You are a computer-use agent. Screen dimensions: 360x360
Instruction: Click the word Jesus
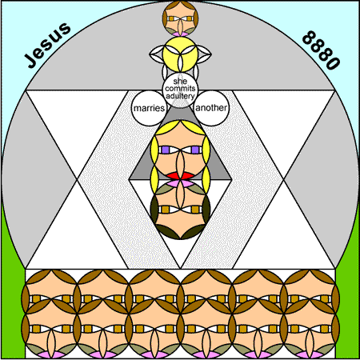pyautogui.click(x=48, y=46)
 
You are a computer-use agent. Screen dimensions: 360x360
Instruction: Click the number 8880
pyautogui.click(x=322, y=50)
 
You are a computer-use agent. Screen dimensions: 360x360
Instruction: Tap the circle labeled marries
pyautogui.click(x=149, y=108)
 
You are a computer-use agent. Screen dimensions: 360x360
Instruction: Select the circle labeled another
pyautogui.click(x=211, y=108)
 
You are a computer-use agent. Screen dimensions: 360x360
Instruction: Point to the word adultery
pyautogui.click(x=180, y=96)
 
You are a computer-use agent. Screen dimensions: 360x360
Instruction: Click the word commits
pyautogui.click(x=180, y=88)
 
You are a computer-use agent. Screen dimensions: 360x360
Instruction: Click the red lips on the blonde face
pyautogui.click(x=181, y=175)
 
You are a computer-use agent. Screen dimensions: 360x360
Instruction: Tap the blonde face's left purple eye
pyautogui.click(x=166, y=150)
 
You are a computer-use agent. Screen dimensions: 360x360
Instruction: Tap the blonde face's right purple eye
pyautogui.click(x=195, y=150)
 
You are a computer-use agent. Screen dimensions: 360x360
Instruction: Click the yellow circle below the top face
pyautogui.click(x=180, y=54)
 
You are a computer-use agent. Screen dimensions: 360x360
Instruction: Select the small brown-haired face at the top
pyautogui.click(x=180, y=18)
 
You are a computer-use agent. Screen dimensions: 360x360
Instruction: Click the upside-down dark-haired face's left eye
pyautogui.click(x=166, y=210)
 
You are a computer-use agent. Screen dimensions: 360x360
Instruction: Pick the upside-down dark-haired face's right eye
pyautogui.click(x=195, y=210)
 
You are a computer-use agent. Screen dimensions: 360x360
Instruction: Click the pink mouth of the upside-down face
pyautogui.click(x=181, y=183)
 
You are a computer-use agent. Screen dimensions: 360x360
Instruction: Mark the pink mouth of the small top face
pyautogui.click(x=180, y=34)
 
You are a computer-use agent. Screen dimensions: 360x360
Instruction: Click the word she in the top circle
pyautogui.click(x=180, y=81)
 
